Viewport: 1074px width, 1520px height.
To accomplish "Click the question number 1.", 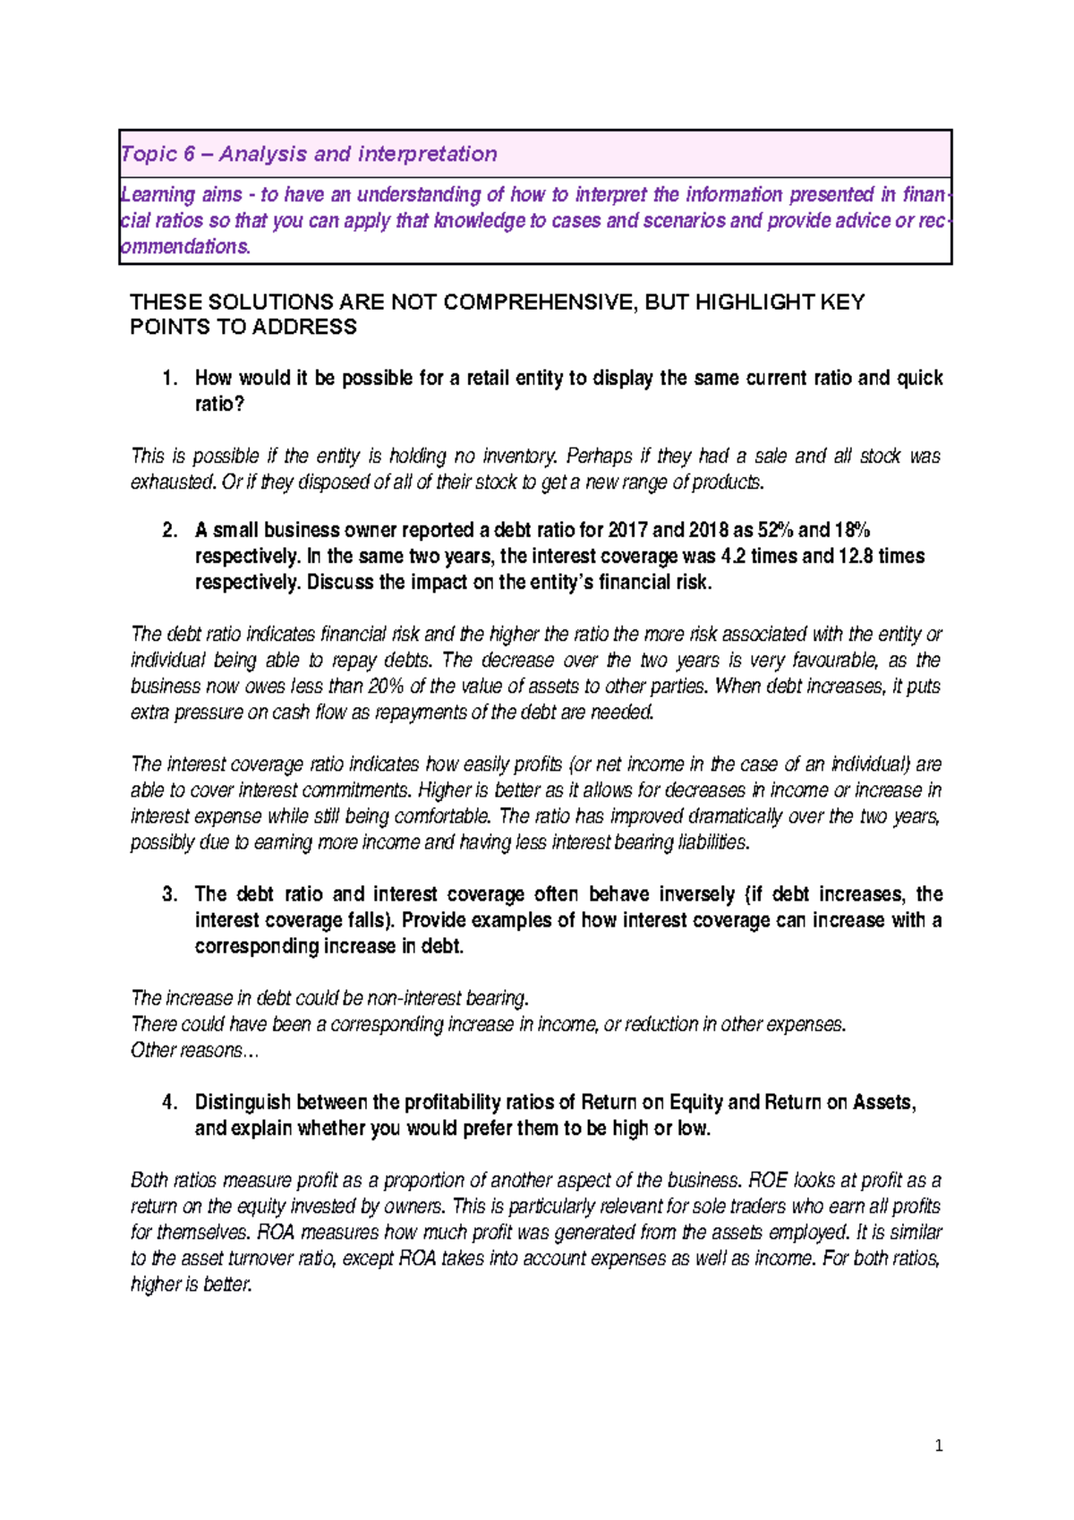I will point(170,379).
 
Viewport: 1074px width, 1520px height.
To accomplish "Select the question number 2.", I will point(170,530).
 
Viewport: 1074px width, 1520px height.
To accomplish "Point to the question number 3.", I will point(170,894).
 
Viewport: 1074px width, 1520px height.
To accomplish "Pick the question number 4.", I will point(170,1103).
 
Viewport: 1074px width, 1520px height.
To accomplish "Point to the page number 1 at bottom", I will point(938,1446).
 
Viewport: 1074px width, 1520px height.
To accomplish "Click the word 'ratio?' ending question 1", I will point(219,405).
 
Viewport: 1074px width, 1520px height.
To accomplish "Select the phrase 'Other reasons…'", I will point(194,1051).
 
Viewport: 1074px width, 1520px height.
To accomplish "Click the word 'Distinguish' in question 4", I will point(243,1103).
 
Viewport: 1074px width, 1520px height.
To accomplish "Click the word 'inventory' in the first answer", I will point(517,457).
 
